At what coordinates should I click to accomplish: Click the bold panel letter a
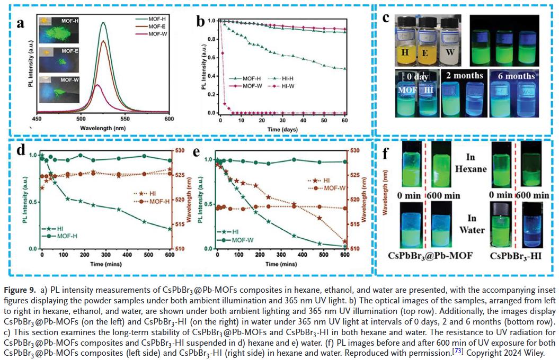21,24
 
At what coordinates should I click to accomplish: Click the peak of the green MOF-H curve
103,23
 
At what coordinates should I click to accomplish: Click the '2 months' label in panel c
465,76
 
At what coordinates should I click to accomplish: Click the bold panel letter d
20,149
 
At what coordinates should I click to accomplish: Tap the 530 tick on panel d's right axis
180,151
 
